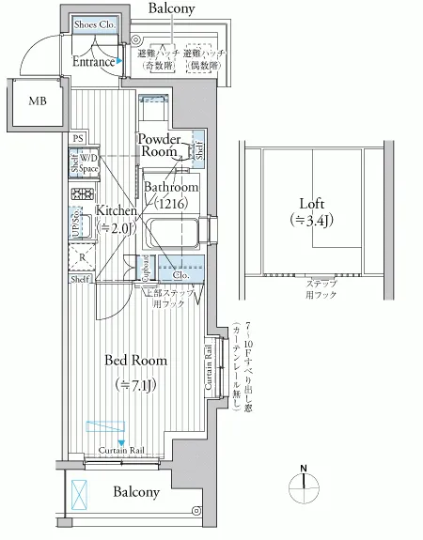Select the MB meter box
click(x=38, y=102)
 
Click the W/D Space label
click(x=88, y=163)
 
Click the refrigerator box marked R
click(x=83, y=256)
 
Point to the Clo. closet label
click(x=180, y=275)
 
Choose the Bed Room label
click(x=135, y=361)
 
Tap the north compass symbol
click(x=303, y=481)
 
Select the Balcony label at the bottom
click(x=136, y=492)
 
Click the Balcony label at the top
click(x=171, y=8)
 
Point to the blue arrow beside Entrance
click(x=121, y=63)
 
